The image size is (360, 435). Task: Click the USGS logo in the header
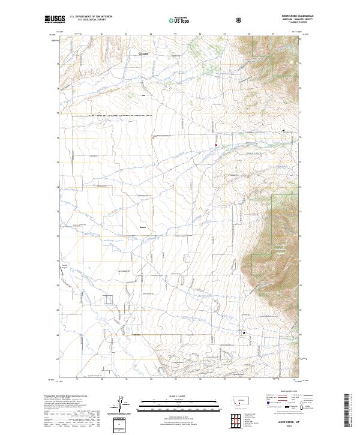(55, 19)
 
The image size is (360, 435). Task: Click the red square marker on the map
(217, 143)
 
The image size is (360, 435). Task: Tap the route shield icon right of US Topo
(239, 20)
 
